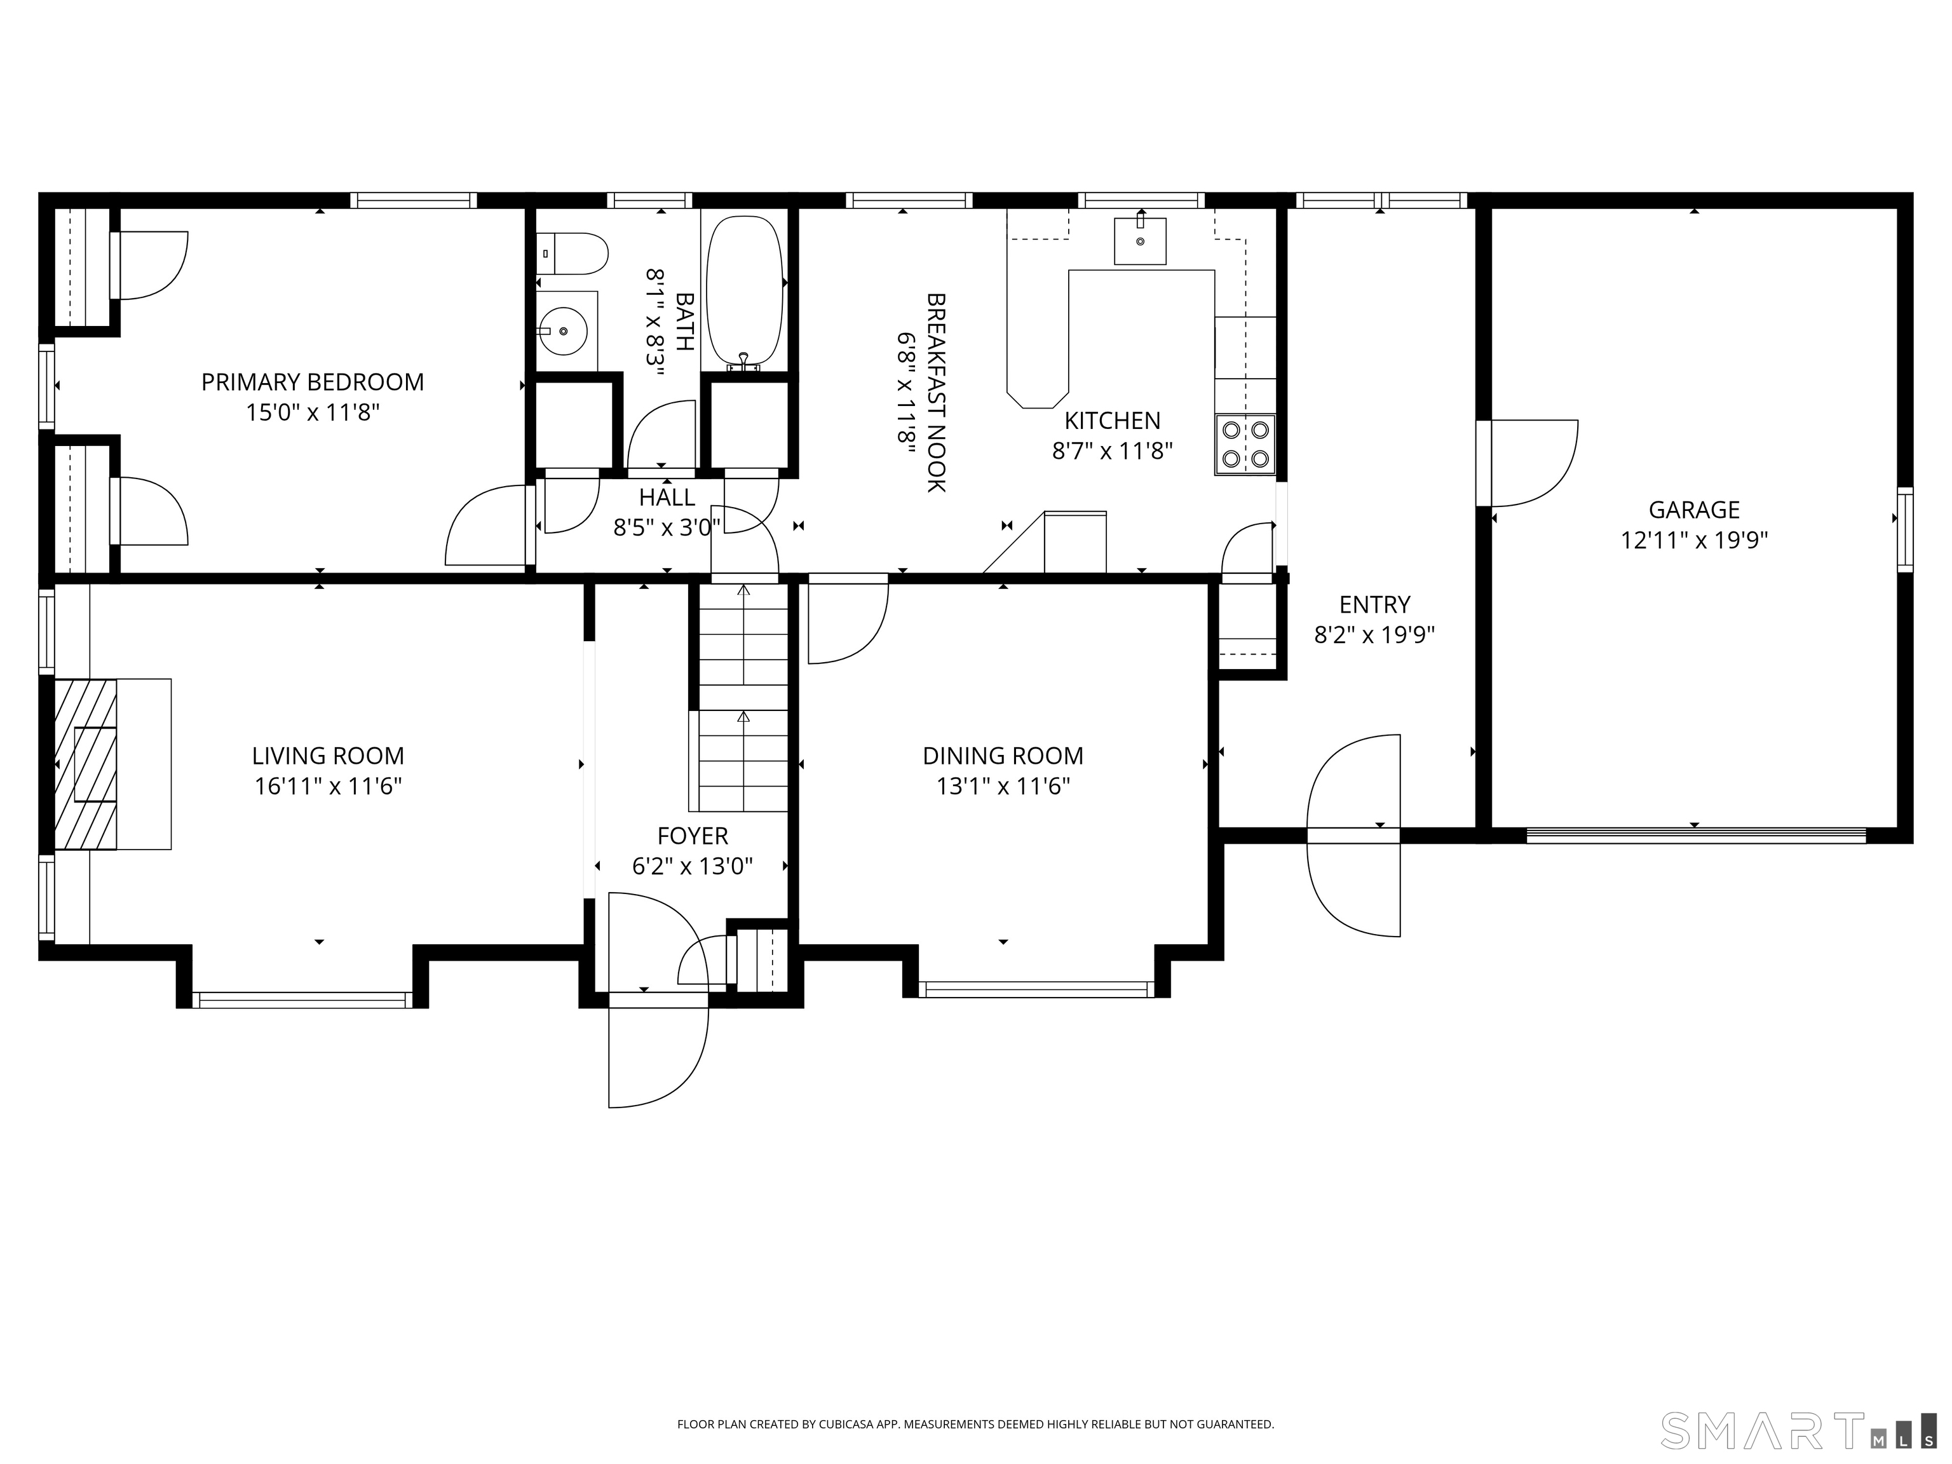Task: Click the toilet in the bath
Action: pos(572,254)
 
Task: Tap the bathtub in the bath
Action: pos(745,292)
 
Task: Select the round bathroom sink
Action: pos(563,331)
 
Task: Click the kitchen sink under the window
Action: pos(1140,241)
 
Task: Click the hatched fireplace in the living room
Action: pos(86,764)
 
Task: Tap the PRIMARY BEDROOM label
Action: pos(313,382)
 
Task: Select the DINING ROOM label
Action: pos(1003,756)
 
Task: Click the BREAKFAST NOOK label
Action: pos(937,393)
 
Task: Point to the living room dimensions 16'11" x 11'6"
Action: pos(329,786)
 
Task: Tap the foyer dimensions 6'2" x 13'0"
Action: pos(693,867)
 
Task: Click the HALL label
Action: pos(667,497)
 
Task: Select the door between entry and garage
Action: pos(1528,463)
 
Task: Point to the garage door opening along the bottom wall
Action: pos(1696,835)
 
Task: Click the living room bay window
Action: pos(302,1000)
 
